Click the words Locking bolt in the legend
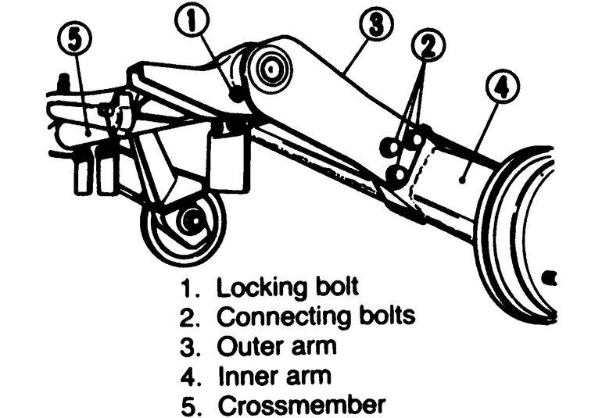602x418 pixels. click(x=288, y=287)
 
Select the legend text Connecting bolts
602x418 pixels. click(x=316, y=316)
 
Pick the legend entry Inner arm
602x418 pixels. click(x=273, y=376)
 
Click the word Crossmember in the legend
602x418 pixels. click(x=301, y=405)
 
